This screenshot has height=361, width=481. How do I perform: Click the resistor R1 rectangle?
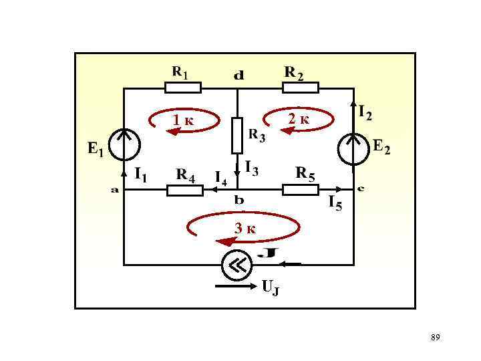[x=182, y=87]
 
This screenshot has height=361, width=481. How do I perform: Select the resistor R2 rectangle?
[x=300, y=87]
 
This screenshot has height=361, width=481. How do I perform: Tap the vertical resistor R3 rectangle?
[x=237, y=136]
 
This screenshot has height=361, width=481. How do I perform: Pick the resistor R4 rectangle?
[x=184, y=191]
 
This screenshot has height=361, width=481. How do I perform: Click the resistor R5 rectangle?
[x=300, y=191]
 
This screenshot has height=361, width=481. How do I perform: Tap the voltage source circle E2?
[x=353, y=148]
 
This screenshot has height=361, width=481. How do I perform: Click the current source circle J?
[x=237, y=265]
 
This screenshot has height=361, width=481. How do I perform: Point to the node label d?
[x=238, y=76]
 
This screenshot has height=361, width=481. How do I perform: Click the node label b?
[x=238, y=200]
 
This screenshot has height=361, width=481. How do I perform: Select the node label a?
[x=115, y=190]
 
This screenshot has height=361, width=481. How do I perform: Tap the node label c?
[x=360, y=188]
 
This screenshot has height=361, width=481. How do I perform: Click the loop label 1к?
[x=182, y=121]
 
